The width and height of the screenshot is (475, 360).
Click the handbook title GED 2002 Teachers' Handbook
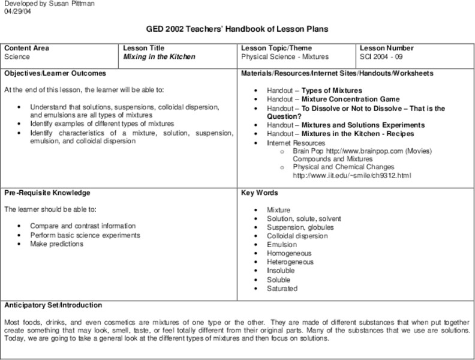237,29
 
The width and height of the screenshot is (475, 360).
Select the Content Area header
26,48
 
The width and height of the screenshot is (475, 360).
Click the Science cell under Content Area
17,57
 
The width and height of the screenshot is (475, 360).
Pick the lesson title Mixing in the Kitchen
159,57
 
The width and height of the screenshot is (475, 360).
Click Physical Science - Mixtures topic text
285,57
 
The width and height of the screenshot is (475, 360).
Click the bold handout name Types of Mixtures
332,91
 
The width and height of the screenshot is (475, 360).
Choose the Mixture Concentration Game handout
350,99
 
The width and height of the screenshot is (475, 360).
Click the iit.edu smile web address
351,176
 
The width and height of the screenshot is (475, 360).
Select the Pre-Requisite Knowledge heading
47,193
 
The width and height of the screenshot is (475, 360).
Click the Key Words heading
259,193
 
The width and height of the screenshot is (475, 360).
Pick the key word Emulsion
282,245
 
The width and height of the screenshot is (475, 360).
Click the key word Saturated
282,289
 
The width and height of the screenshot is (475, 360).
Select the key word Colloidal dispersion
297,236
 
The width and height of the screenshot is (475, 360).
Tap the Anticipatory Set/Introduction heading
53,305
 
